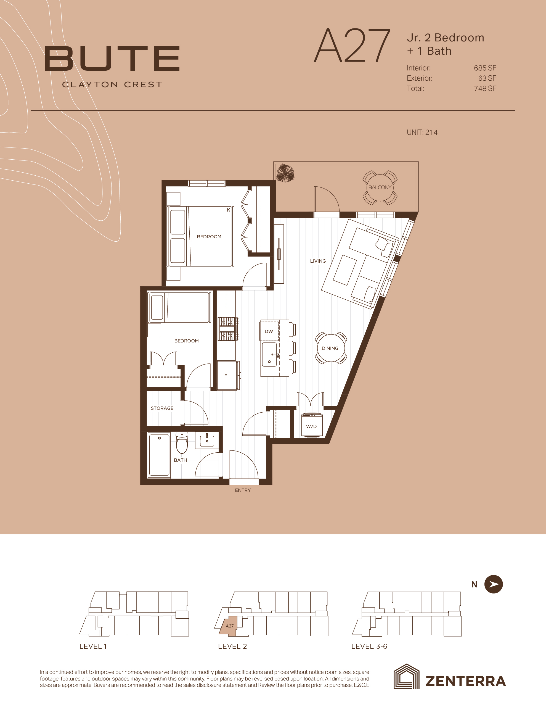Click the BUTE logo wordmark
click(x=112, y=59)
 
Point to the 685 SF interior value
click(x=485, y=68)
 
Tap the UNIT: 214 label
click(x=422, y=132)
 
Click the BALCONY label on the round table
click(x=380, y=187)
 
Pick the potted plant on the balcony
click(x=285, y=173)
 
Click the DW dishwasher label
click(x=269, y=331)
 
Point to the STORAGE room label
click(x=162, y=408)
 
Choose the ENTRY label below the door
click(x=243, y=490)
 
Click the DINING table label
click(x=330, y=348)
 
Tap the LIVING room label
click(x=318, y=261)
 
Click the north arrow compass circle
click(x=494, y=584)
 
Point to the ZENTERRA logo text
click(x=466, y=681)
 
